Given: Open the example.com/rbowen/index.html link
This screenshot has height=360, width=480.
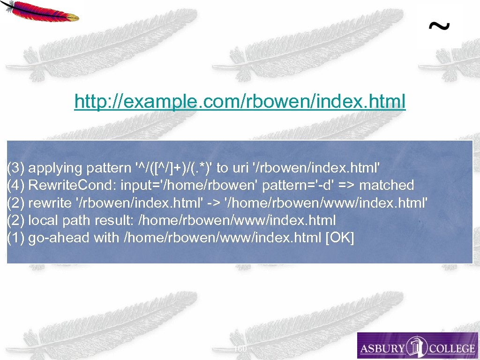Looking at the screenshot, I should click(240, 101).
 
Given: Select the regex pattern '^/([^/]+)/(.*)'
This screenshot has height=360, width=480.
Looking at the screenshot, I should click(173, 168).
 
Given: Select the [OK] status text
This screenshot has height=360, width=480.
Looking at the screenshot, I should click(340, 238).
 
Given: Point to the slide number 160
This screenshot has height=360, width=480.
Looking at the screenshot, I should click(240, 349).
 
